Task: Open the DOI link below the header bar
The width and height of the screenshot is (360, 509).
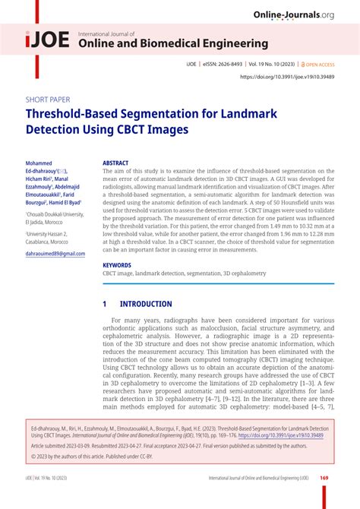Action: pyautogui.click(x=287, y=77)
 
